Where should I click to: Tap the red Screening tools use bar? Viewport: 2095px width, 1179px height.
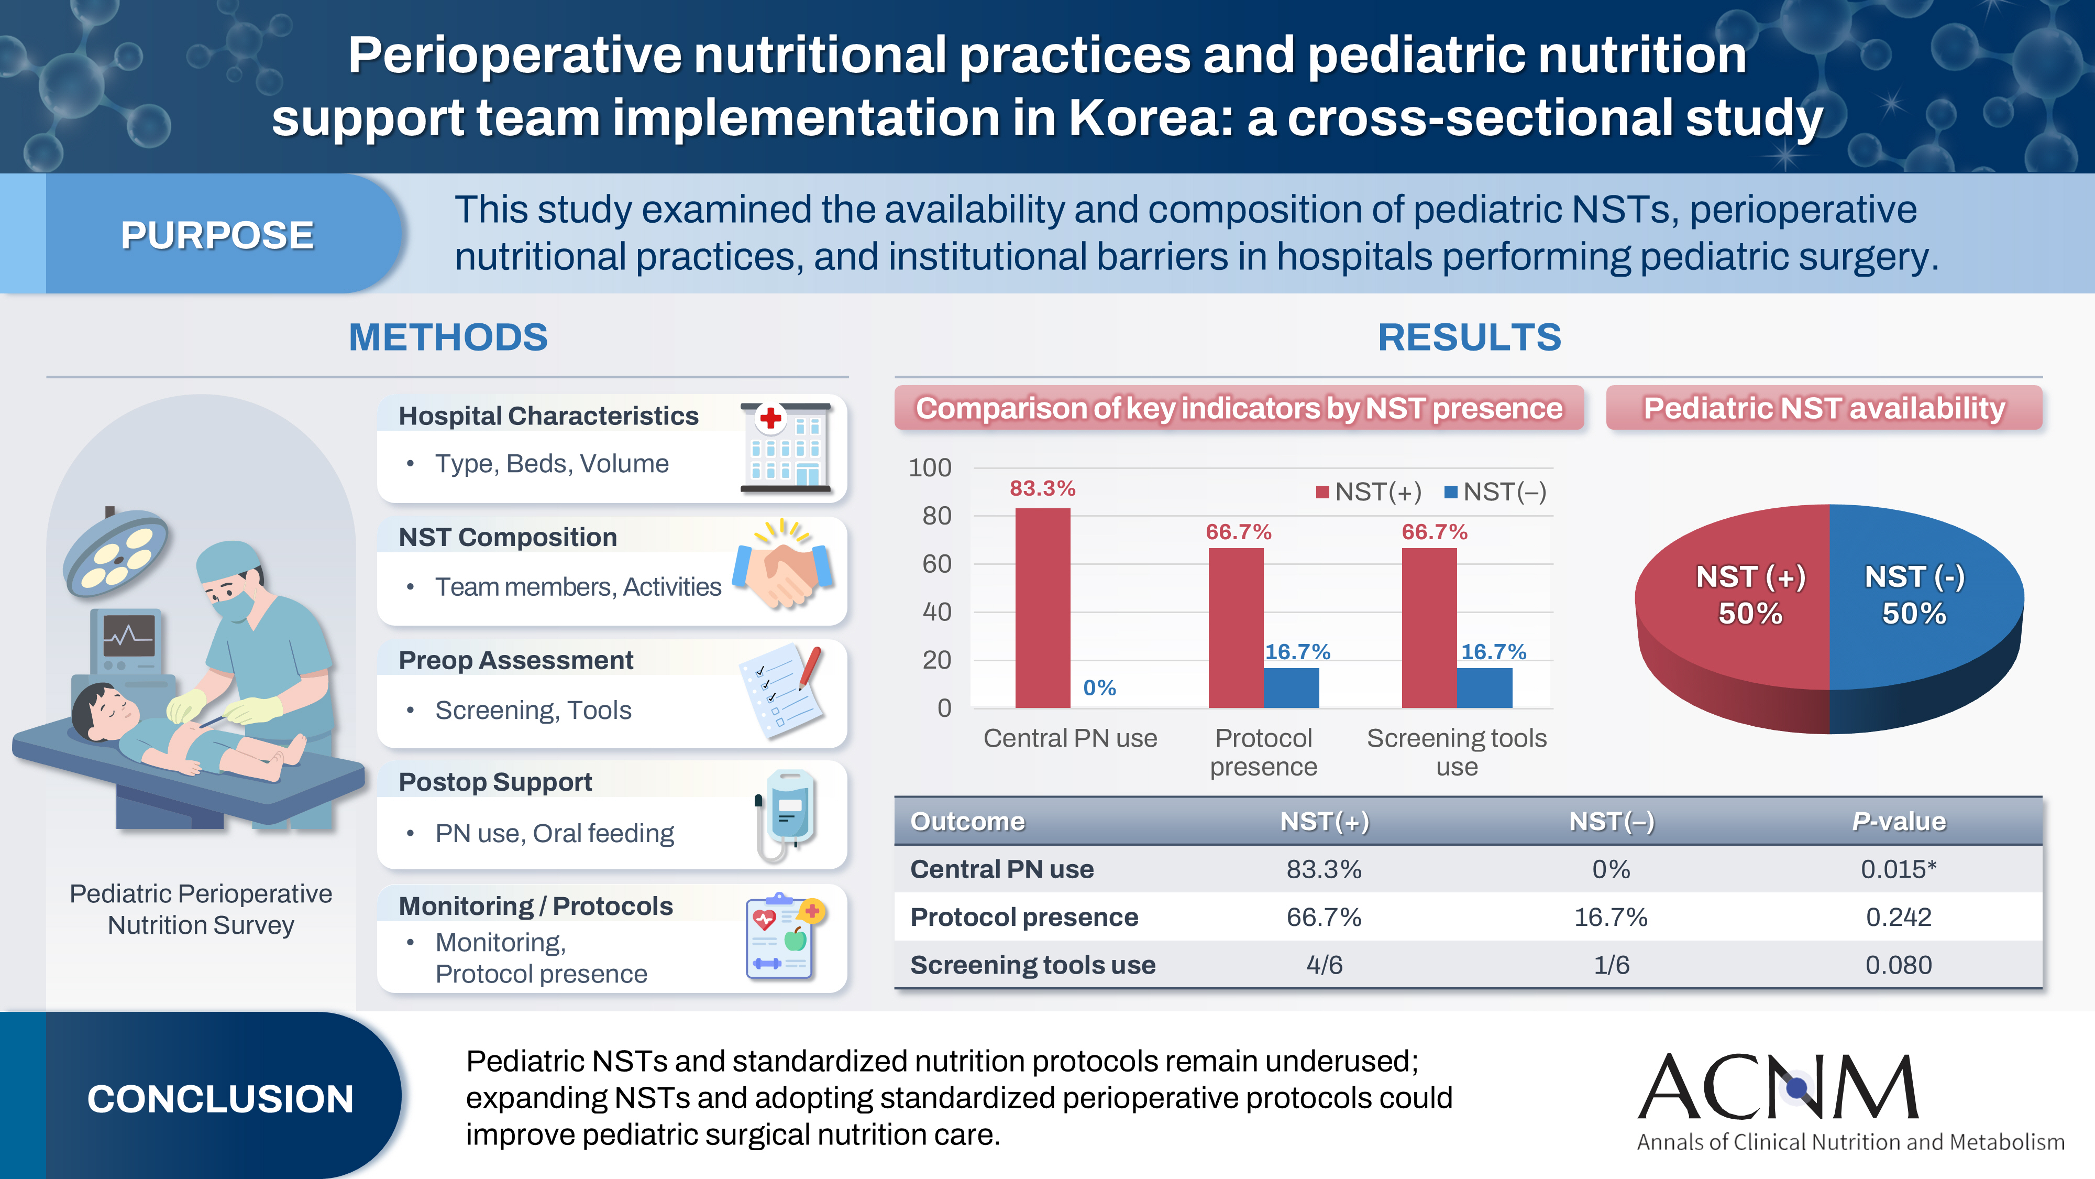tap(1429, 627)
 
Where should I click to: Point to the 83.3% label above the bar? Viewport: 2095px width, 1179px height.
tap(1043, 488)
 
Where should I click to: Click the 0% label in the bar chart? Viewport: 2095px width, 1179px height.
tap(1099, 689)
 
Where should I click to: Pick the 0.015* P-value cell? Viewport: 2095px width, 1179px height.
tap(1898, 869)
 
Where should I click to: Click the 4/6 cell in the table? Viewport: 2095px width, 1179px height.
tap(1324, 965)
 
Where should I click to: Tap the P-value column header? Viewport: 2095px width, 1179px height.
tap(1898, 822)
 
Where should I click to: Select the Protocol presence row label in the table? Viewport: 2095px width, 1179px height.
tap(1024, 917)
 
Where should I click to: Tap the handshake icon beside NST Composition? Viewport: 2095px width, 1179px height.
tap(782, 568)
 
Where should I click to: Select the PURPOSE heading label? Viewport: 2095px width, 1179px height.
tap(217, 235)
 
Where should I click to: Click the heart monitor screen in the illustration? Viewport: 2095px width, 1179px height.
tap(128, 636)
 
